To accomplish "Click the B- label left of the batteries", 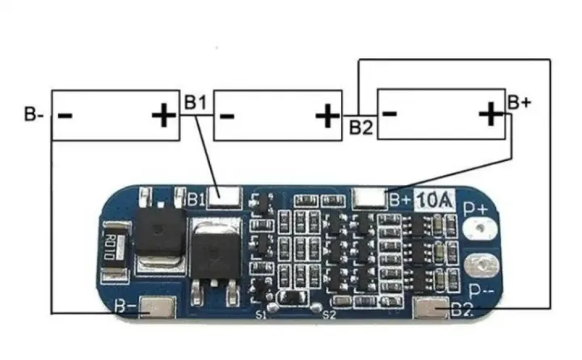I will coord(33,113).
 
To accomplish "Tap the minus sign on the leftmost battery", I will coord(65,116).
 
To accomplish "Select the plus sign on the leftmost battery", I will coord(164,116).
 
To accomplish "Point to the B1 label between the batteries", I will coord(196,103).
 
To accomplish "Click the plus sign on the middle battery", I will coord(327,116).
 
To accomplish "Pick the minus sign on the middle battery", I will coord(226,116).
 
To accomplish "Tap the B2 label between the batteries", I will coord(361,127).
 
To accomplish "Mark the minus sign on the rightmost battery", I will coord(389,113).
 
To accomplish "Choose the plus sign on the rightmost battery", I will coord(491,114).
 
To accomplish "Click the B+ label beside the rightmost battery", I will coord(520,102).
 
